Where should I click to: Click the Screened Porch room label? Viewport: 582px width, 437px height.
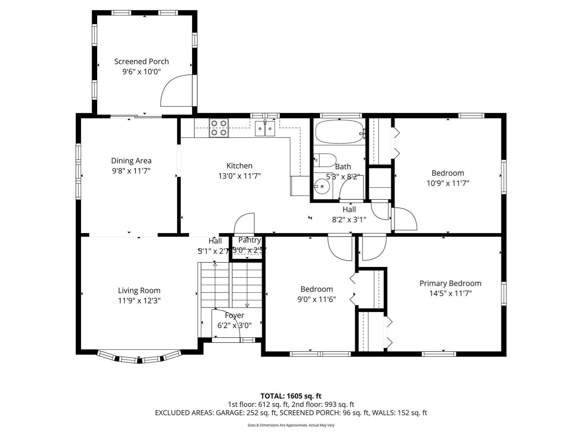click(141, 61)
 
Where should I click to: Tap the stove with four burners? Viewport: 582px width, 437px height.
click(219, 128)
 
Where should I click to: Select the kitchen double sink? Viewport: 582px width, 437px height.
click(265, 129)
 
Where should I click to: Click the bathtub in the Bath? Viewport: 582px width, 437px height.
click(339, 132)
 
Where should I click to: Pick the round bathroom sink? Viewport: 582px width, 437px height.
click(322, 186)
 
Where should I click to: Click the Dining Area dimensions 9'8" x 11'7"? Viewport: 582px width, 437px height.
click(131, 171)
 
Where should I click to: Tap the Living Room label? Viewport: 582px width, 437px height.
click(139, 290)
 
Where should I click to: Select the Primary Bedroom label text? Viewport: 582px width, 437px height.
click(450, 283)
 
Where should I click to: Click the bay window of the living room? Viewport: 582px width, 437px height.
click(139, 358)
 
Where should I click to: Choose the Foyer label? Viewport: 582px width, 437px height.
click(234, 315)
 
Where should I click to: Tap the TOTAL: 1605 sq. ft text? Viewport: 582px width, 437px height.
click(291, 396)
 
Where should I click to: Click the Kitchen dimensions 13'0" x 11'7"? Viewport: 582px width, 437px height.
click(239, 176)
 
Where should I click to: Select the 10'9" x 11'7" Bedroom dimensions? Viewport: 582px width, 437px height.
click(448, 183)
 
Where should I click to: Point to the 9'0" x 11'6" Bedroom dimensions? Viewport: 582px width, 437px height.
click(317, 299)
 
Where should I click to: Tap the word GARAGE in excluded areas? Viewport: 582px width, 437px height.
click(229, 413)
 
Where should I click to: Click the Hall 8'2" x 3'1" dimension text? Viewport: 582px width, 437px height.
click(349, 220)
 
